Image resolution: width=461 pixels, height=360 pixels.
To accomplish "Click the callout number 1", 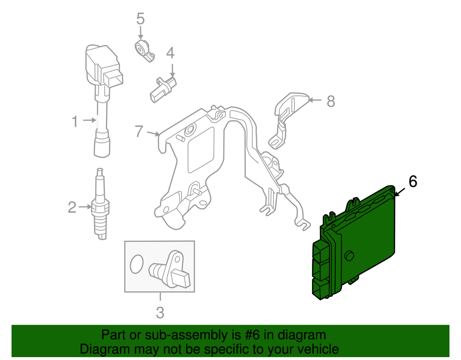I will pyautogui.click(x=74, y=122).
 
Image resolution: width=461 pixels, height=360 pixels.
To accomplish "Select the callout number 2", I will pyautogui.click(x=72, y=208).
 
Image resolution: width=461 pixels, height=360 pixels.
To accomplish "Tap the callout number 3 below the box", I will pyautogui.click(x=160, y=312).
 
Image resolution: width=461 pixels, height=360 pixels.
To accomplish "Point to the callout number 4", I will pyautogui.click(x=170, y=53).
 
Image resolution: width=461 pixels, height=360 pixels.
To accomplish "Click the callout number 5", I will pyautogui.click(x=140, y=19).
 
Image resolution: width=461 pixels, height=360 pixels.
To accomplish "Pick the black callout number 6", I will pyautogui.click(x=412, y=182).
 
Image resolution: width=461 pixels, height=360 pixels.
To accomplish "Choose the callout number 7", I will pyautogui.click(x=139, y=131).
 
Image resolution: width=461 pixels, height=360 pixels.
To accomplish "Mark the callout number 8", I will pyautogui.click(x=330, y=101).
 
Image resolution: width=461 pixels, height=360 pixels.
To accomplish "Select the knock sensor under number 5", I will pyautogui.click(x=143, y=50).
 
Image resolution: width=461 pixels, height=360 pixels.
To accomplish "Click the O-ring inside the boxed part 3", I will pyautogui.click(x=136, y=263).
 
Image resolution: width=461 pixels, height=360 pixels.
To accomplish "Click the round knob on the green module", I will pyautogui.click(x=350, y=255).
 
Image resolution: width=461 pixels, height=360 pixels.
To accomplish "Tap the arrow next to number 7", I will pyautogui.click(x=153, y=133).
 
